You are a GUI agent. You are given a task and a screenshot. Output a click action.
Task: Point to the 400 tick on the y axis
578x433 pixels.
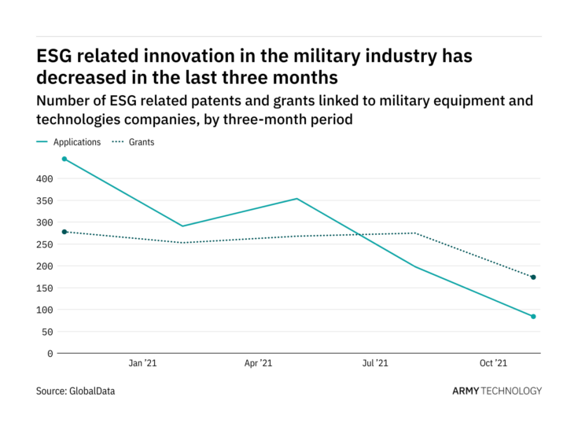pyautogui.click(x=44, y=179)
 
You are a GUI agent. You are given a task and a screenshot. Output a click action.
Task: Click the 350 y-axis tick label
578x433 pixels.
pyautogui.click(x=44, y=201)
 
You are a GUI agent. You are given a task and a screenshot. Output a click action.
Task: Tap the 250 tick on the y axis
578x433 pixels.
pyautogui.click(x=44, y=244)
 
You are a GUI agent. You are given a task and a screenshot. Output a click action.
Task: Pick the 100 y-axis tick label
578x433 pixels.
pyautogui.click(x=44, y=310)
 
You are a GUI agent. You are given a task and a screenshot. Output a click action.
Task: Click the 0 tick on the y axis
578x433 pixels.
pyautogui.click(x=50, y=354)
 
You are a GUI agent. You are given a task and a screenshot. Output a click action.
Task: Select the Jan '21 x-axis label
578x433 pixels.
pyautogui.click(x=142, y=364)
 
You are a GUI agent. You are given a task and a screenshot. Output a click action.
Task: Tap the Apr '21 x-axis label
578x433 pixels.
pyautogui.click(x=259, y=364)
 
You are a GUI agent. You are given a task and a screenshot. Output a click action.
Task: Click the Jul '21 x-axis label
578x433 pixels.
pyautogui.click(x=375, y=364)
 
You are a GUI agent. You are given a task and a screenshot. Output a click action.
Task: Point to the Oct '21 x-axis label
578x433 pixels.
pyautogui.click(x=492, y=364)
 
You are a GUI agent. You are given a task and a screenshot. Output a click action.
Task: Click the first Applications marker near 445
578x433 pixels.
pyautogui.click(x=64, y=159)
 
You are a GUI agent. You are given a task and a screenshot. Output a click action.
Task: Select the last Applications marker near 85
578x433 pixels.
pyautogui.click(x=533, y=317)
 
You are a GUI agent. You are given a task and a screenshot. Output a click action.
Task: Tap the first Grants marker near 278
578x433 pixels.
pyautogui.click(x=64, y=232)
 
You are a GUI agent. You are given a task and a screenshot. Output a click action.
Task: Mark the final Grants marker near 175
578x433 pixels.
pyautogui.click(x=533, y=277)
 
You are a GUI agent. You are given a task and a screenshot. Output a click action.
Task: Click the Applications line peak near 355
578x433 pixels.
pyautogui.click(x=297, y=199)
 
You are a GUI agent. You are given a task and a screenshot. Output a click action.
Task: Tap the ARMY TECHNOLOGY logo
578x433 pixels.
pyautogui.click(x=497, y=391)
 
